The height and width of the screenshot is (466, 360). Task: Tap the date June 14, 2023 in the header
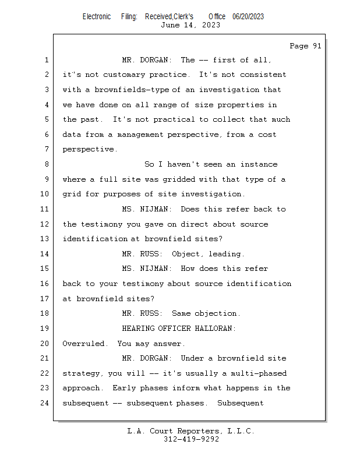(x=190, y=25)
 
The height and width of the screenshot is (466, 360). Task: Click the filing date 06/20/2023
(x=248, y=16)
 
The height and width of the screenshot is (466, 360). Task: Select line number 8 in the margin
(x=47, y=165)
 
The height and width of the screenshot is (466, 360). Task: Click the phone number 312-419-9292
(x=191, y=440)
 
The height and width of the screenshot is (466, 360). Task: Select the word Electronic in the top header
(x=96, y=16)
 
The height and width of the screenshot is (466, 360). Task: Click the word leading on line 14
(x=227, y=254)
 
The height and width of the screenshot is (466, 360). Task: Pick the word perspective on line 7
(x=89, y=150)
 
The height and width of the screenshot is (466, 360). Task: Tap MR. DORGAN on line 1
(x=146, y=60)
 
